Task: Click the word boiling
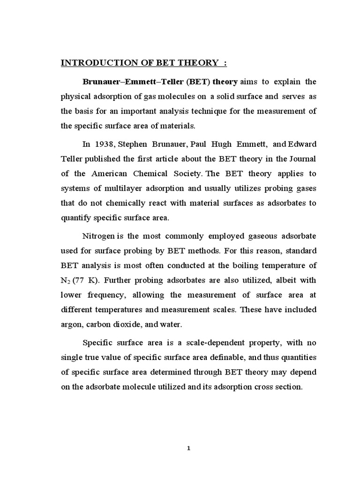click(x=250, y=265)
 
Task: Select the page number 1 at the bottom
click(x=188, y=448)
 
